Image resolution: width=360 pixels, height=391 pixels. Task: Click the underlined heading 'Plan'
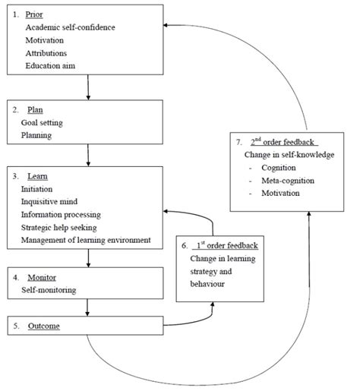click(34, 109)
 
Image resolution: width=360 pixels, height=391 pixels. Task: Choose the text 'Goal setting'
click(43, 122)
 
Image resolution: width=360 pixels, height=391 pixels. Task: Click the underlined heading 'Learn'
click(36, 176)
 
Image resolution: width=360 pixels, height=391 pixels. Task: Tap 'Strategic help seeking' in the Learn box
click(65, 228)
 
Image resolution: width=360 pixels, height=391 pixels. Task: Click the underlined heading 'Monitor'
click(40, 278)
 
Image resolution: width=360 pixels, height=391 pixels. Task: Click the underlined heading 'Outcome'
click(42, 326)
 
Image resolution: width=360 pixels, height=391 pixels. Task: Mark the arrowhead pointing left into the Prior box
click(169, 25)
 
